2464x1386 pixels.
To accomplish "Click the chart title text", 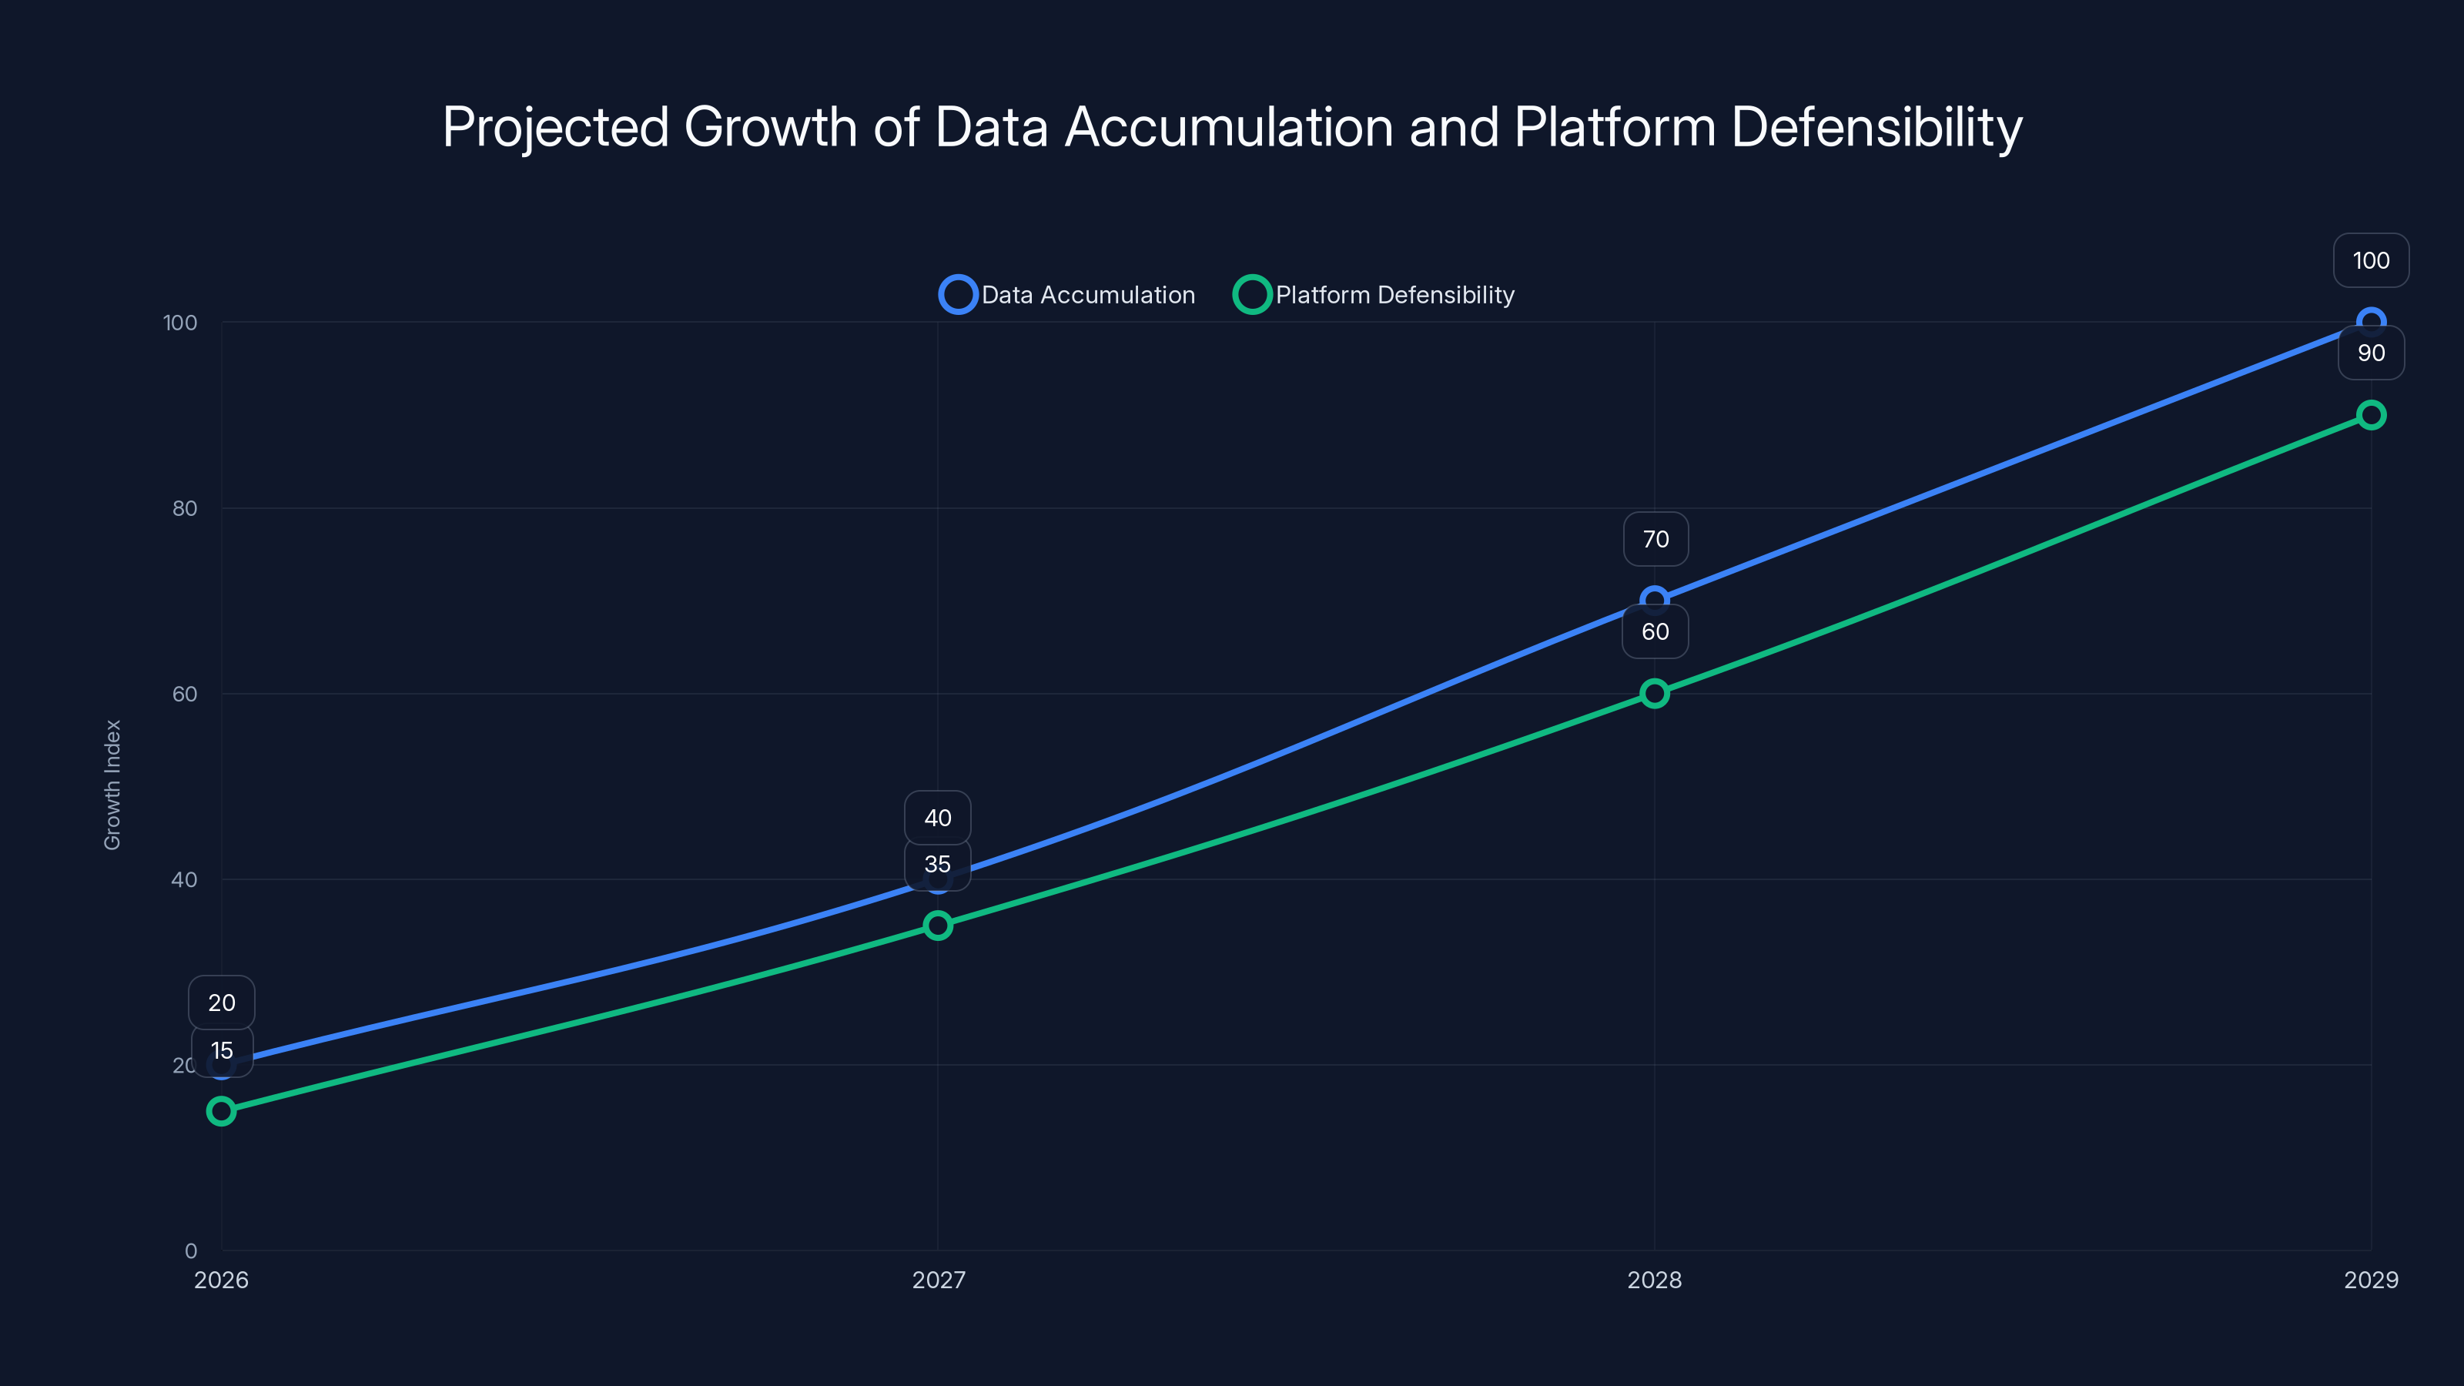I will click(1232, 127).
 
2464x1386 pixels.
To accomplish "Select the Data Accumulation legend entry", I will click(1067, 295).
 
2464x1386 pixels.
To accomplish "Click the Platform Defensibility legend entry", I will click(1374, 295).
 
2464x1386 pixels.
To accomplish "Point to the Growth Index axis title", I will click(113, 785).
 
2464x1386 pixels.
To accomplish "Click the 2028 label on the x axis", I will click(1654, 1280).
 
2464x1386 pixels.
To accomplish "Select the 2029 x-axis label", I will click(2370, 1280).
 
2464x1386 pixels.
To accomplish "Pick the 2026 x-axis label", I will click(221, 1280).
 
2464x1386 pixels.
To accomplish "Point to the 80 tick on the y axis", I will click(185, 508).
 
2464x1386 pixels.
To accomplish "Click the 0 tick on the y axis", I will click(191, 1250).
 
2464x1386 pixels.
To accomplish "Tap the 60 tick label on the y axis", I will click(185, 694).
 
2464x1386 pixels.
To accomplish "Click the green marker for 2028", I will click(1654, 694).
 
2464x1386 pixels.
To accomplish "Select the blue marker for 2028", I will click(1654, 600).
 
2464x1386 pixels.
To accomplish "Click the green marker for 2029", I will click(2370, 415).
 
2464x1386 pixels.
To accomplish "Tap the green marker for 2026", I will click(221, 1110).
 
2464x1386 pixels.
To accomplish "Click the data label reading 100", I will click(2370, 260).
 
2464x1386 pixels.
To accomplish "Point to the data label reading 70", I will click(1655, 540).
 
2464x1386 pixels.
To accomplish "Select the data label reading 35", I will click(937, 865).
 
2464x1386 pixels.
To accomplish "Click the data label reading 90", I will click(2370, 353).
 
